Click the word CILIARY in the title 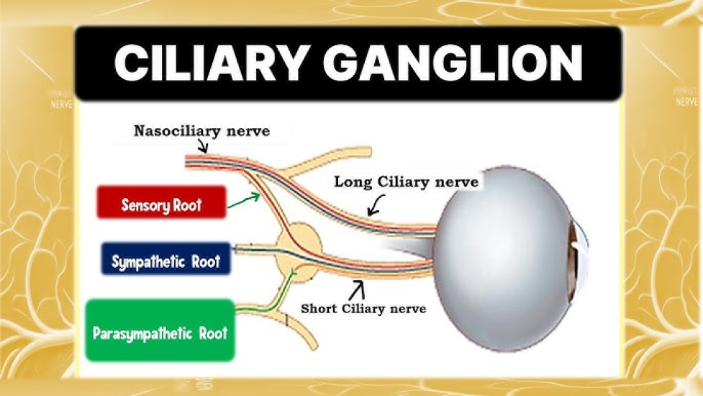(211, 63)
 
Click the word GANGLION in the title (453, 63)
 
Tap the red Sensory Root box (161, 202)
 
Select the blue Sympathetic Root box (166, 258)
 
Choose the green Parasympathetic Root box (160, 330)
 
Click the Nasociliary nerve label (201, 131)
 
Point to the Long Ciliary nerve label (407, 182)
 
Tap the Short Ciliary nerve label (363, 309)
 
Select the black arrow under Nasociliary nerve (203, 145)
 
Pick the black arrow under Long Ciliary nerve (376, 205)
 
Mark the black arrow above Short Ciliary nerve (357, 289)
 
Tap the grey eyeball (507, 258)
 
